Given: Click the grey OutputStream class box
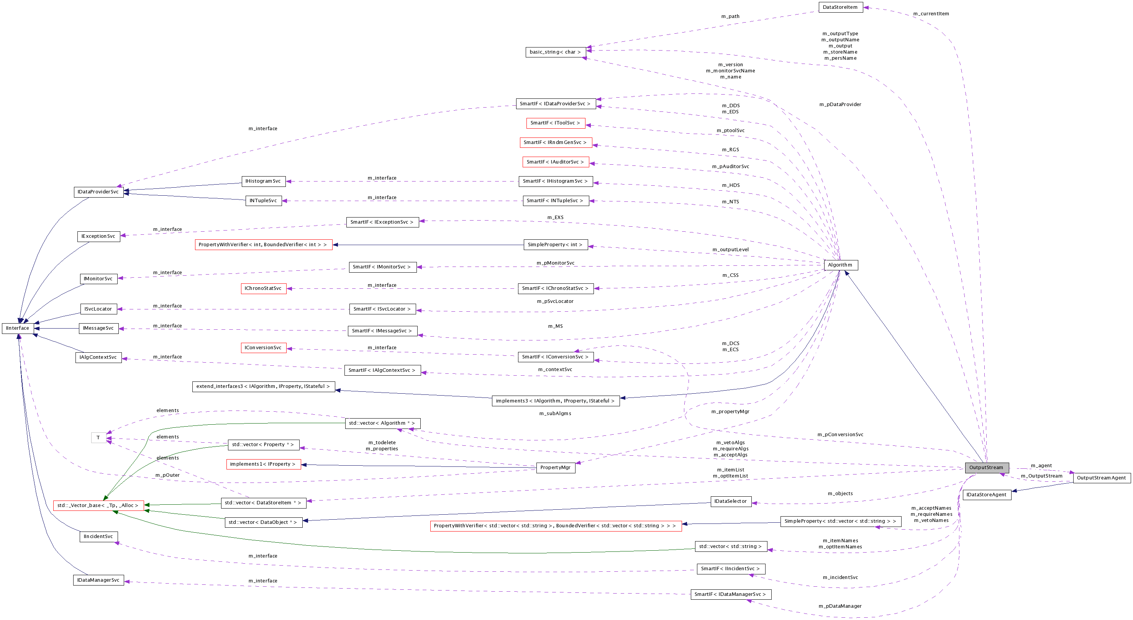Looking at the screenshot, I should click(x=987, y=468).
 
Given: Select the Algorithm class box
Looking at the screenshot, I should click(x=840, y=265).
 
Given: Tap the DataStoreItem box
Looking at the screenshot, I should click(x=840, y=7).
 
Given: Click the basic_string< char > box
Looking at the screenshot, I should click(x=555, y=52).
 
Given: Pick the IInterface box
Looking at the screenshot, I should click(x=18, y=328).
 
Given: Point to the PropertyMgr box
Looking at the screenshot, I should click(x=555, y=468).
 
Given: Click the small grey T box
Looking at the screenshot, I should click(x=98, y=437).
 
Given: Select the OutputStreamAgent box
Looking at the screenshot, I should click(x=1101, y=478).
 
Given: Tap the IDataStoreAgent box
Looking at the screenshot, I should click(x=987, y=495).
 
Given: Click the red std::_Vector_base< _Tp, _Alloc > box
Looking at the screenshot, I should click(x=98, y=505).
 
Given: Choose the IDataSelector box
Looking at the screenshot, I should click(x=730, y=501).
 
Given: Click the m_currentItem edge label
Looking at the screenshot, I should click(x=931, y=14).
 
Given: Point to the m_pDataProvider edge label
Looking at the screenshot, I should click(x=840, y=104).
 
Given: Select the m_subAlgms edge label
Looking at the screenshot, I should click(x=555, y=413).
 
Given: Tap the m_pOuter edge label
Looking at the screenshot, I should click(x=167, y=475).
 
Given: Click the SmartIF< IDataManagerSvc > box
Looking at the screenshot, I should click(x=730, y=594).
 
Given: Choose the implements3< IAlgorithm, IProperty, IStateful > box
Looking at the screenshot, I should click(x=555, y=401).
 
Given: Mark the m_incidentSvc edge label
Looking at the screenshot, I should click(x=840, y=577).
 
